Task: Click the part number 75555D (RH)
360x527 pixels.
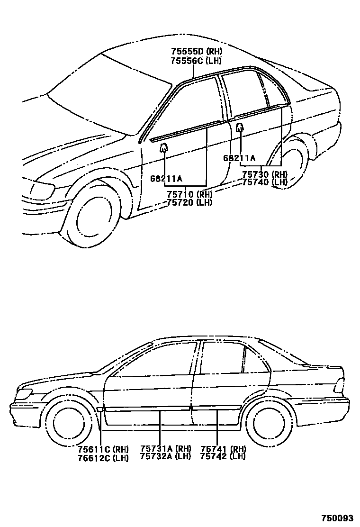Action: pos(196,52)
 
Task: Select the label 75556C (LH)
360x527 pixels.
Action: pos(196,60)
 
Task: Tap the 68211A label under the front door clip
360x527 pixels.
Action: pos(166,178)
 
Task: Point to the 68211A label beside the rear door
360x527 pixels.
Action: pos(239,158)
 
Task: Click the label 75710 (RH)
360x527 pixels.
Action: pos(189,194)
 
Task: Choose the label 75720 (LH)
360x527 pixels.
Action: pos(189,202)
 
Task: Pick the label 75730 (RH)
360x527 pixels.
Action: pos(265,174)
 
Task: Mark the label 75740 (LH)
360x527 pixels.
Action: pos(265,182)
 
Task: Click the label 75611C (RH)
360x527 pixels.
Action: pos(103,449)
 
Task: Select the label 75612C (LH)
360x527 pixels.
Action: pos(103,458)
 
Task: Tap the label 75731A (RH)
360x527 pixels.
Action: pos(165,448)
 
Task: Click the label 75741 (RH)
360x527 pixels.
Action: pos(223,448)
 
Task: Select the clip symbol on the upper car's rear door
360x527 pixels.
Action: pos(240,127)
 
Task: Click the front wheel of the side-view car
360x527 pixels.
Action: pos(70,421)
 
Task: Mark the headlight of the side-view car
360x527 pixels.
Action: pos(24,393)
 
